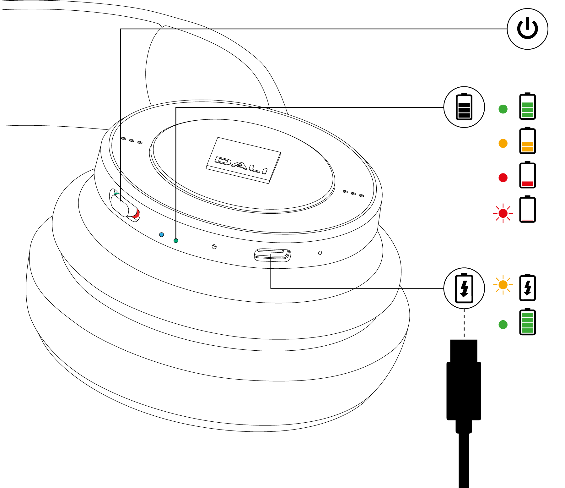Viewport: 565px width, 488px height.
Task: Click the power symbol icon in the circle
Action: click(x=527, y=29)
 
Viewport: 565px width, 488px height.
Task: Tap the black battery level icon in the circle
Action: click(x=464, y=107)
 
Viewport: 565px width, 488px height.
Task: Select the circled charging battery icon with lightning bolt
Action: click(x=464, y=288)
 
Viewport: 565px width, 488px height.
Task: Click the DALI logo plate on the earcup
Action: click(x=243, y=160)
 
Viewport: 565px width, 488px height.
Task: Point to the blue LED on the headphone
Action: click(x=161, y=235)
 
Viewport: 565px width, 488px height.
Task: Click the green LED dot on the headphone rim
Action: click(x=176, y=241)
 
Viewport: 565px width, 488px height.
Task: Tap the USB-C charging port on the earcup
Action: click(x=272, y=255)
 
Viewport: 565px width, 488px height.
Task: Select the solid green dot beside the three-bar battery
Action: click(x=503, y=109)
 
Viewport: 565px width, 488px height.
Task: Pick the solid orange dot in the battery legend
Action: click(x=503, y=143)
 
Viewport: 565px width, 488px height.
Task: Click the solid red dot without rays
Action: click(x=503, y=178)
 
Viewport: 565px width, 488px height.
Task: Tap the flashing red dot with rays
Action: click(x=503, y=213)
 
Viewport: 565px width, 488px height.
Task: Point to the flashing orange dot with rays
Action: click(x=503, y=285)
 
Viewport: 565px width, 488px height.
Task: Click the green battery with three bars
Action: click(x=527, y=107)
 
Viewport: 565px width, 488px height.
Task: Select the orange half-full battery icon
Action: click(x=527, y=141)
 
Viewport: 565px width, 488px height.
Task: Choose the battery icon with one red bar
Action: click(x=527, y=175)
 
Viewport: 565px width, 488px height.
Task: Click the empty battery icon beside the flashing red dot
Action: click(x=527, y=209)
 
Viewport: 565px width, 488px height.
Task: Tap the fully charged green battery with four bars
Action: click(x=527, y=322)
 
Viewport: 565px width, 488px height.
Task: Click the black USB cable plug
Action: click(x=464, y=387)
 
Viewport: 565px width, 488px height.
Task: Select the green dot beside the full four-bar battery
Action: click(x=503, y=325)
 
